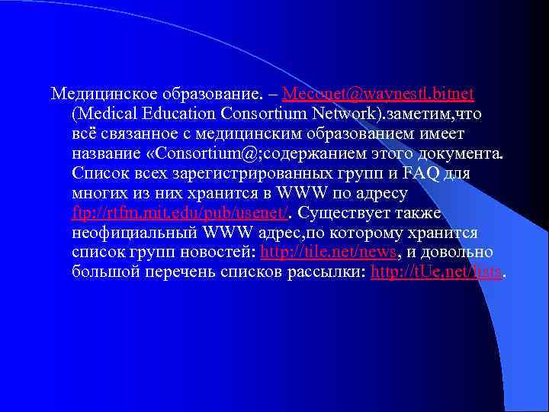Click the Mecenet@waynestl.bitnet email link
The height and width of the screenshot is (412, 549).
click(377, 94)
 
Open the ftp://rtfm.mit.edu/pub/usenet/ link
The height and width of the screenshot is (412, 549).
click(180, 212)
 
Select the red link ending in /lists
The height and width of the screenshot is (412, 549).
click(436, 272)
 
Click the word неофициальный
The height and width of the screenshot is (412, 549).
click(136, 232)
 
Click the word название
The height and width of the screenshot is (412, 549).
click(105, 153)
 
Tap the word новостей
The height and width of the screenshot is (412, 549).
click(217, 252)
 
